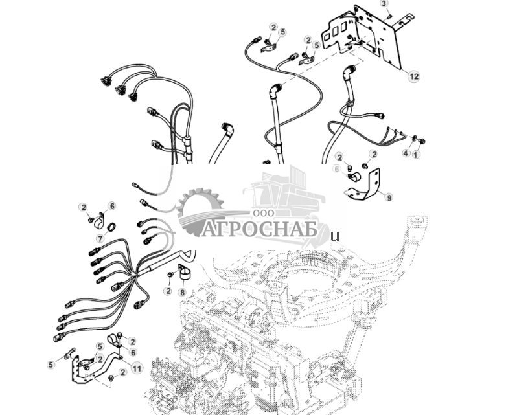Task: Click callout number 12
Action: tap(414, 76)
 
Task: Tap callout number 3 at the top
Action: tap(384, 3)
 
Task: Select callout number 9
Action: tap(389, 197)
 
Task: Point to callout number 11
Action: tap(137, 368)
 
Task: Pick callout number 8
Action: tap(182, 293)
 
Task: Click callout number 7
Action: tap(100, 239)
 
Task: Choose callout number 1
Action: tap(417, 155)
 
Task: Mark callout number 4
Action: tap(406, 153)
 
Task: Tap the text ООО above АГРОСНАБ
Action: tap(264, 213)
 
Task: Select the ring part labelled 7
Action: tap(111, 227)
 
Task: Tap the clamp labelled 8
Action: tap(184, 271)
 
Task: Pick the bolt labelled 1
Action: tap(422, 141)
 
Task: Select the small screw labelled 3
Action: tap(390, 16)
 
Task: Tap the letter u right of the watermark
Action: tap(336, 237)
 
